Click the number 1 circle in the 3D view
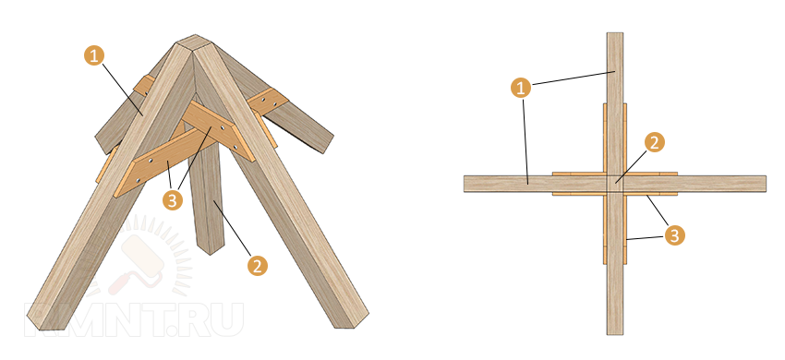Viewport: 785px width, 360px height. point(93,55)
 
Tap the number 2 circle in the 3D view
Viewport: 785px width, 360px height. point(258,266)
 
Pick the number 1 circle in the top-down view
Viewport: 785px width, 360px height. point(521,89)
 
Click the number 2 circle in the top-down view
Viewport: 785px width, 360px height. point(655,143)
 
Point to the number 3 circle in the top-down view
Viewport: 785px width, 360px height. point(674,235)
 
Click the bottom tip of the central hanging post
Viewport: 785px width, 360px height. point(211,252)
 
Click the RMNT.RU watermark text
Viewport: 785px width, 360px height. point(134,319)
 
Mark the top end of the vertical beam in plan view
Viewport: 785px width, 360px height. point(615,33)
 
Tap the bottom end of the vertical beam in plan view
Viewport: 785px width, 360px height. point(615,333)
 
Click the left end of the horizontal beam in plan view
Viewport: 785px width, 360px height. point(465,184)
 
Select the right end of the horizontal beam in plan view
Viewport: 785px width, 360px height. point(765,184)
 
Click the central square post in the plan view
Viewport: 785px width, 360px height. point(615,184)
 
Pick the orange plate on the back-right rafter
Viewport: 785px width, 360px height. point(267,102)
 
